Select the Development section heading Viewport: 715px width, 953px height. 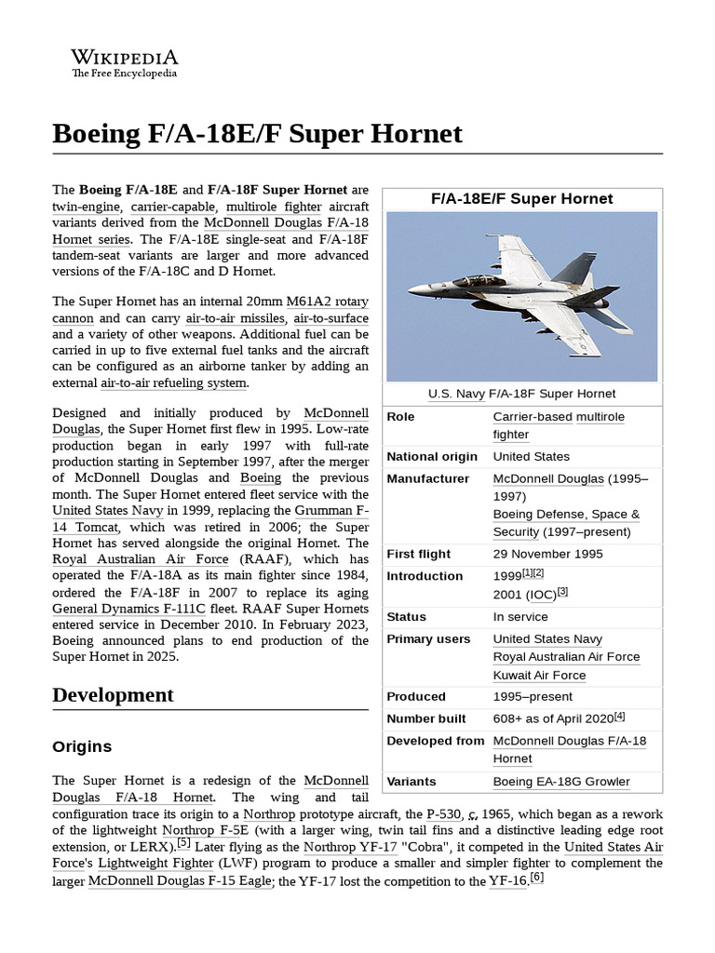[x=113, y=695]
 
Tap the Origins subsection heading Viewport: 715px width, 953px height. [x=82, y=746]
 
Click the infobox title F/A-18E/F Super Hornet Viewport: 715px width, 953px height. [x=522, y=198]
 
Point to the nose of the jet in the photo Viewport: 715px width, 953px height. [x=411, y=292]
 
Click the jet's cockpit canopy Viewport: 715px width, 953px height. [x=479, y=279]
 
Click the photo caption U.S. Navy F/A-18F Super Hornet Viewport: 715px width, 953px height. [x=522, y=394]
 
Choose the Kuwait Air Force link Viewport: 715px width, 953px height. [x=539, y=675]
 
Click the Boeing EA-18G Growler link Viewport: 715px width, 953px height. [x=561, y=782]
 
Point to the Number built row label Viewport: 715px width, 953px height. [x=425, y=718]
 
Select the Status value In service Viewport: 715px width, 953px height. [x=520, y=616]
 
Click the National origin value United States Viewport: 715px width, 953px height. [x=531, y=456]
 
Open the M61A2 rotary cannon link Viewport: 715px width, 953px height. [x=328, y=301]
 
